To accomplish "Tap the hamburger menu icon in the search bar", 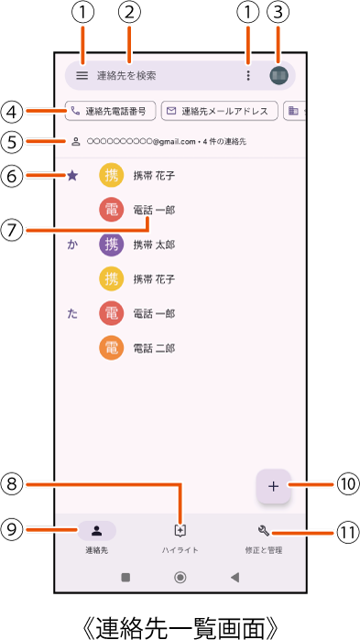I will click(x=82, y=75).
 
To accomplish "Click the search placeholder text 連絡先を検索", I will click(x=126, y=76).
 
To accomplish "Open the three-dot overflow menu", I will click(x=248, y=75).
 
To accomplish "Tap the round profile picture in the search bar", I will click(x=278, y=75).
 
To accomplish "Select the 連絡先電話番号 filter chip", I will click(x=110, y=112).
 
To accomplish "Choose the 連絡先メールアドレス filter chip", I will click(x=220, y=112).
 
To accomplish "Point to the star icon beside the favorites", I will click(x=72, y=175).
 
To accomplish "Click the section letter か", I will click(x=72, y=244).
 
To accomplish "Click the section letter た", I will click(x=72, y=314).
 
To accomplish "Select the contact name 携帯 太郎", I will click(x=154, y=244).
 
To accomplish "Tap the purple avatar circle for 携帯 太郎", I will click(x=111, y=244).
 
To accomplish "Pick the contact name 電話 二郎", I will click(x=154, y=348).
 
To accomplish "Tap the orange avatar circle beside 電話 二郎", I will click(x=111, y=348).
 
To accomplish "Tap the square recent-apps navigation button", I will click(x=125, y=577).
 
